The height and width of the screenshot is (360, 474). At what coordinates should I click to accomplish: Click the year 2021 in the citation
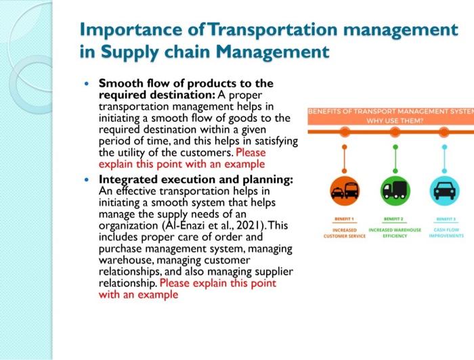251,225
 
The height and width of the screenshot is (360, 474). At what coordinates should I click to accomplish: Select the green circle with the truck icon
395,191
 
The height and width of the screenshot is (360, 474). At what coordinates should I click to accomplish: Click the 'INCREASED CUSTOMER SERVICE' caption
345,233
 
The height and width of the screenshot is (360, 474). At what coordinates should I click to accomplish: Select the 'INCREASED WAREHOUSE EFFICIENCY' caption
395,233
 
